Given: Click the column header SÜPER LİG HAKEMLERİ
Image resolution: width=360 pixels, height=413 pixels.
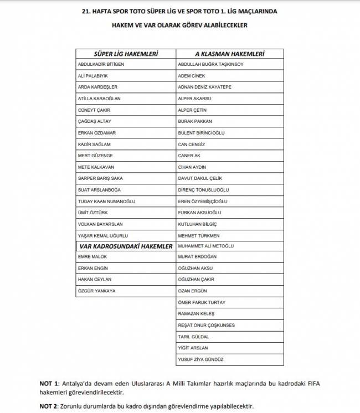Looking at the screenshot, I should tap(125, 54).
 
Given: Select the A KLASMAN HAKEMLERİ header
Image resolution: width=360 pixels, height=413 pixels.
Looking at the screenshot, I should tap(229, 54).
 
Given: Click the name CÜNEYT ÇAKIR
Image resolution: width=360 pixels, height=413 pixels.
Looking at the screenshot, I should tap(95, 110).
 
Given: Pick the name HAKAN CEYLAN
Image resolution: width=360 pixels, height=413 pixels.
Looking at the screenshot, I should tap(94, 279).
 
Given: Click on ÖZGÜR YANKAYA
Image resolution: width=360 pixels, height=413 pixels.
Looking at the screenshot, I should tap(96, 291).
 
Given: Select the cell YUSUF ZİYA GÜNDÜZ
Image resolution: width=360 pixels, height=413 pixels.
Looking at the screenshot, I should tap(201, 359).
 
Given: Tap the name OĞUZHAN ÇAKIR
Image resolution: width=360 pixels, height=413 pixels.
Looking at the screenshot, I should tap(196, 279).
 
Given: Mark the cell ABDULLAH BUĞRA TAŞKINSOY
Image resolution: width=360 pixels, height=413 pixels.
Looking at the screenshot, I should tap(210, 64).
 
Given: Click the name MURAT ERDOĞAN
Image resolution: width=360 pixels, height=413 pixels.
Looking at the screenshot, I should tap(197, 256).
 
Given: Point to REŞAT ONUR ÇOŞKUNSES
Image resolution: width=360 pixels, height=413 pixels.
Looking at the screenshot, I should tap(206, 325).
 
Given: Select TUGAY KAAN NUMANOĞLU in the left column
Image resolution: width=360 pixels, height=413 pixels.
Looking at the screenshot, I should tap(107, 201).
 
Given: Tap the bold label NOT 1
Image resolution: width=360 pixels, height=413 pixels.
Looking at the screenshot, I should tap(48, 384).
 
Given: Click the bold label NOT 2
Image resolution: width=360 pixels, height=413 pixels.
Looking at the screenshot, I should tap(48, 406).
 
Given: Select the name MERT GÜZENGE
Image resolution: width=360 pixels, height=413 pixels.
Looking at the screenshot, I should tap(96, 156).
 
